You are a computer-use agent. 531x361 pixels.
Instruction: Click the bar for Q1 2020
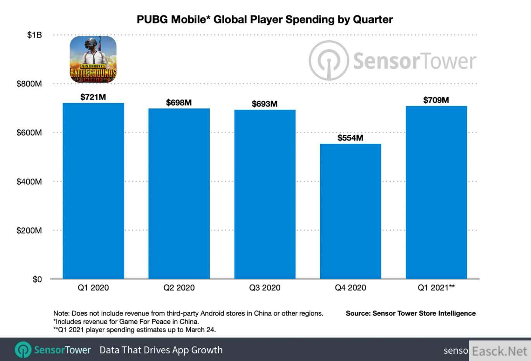pos(93,191)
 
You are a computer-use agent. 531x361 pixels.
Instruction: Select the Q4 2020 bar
pos(350,211)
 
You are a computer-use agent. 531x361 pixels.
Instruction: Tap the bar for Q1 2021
pos(436,192)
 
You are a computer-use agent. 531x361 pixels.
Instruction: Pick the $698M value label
pos(179,103)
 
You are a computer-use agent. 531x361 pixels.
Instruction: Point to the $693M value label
pos(264,104)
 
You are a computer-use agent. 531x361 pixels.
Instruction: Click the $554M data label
pos(350,138)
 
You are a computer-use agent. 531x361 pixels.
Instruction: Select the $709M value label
pos(436,100)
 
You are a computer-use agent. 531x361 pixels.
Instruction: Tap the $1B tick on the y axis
pos(34,35)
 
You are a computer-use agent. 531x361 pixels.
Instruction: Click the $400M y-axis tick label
pos(29,182)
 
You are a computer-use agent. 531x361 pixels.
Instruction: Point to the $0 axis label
pos(37,279)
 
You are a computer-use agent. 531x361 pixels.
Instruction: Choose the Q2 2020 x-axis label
pos(179,288)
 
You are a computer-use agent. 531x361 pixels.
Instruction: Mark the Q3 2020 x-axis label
pos(264,288)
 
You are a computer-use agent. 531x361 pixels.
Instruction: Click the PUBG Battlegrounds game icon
pos(93,59)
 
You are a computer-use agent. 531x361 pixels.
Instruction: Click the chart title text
pos(265,19)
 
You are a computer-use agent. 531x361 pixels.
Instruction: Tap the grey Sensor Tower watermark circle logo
pos(328,61)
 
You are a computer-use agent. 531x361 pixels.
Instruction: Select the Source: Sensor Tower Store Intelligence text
pos(410,313)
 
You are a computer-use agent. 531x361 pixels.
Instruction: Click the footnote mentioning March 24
pos(134,330)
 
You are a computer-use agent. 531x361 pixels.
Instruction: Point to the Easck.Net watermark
pos(500,351)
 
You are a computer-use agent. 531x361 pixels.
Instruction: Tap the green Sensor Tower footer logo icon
pos(23,350)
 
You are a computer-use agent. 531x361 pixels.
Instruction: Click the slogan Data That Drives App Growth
pos(161,350)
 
